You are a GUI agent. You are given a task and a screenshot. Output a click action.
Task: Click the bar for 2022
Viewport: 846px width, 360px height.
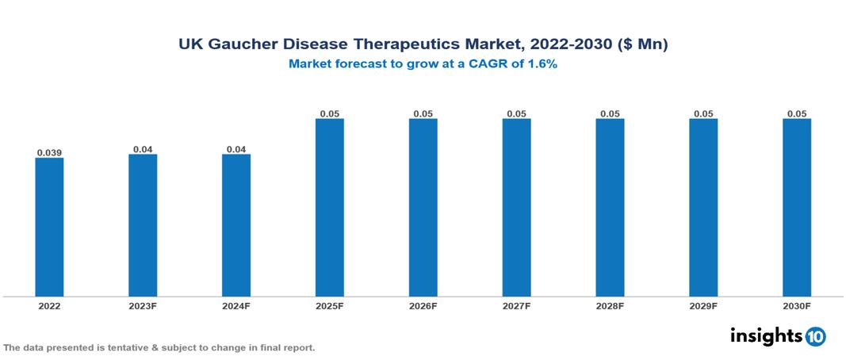(49, 227)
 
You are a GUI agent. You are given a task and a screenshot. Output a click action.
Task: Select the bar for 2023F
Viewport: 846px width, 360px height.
(143, 225)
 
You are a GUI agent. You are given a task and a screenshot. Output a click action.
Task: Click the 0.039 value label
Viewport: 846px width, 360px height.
(49, 152)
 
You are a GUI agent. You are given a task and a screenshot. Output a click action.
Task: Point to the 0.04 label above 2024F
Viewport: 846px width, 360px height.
(236, 149)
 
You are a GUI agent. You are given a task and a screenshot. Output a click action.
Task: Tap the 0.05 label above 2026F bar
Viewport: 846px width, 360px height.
(423, 113)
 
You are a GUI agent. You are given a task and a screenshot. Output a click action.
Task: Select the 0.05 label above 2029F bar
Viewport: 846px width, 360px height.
(703, 113)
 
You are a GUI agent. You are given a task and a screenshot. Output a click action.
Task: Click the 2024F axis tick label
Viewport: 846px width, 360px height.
(236, 305)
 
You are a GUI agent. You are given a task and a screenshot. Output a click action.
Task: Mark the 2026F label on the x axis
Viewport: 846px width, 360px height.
(423, 305)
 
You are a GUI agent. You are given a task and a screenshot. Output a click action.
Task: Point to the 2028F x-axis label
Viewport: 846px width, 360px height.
(610, 305)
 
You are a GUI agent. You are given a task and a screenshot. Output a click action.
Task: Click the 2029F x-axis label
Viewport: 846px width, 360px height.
(703, 305)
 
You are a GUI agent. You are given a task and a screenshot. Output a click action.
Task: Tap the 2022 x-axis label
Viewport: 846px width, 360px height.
(49, 305)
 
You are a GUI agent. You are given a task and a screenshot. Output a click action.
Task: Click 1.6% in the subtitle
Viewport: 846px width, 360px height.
(542, 64)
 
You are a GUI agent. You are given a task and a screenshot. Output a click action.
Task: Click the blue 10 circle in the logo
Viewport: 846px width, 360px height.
(815, 336)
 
